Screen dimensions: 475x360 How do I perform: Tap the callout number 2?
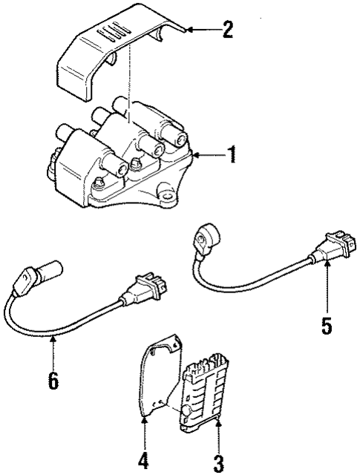pyautogui.click(x=228, y=30)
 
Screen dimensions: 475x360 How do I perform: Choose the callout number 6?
pyautogui.click(x=52, y=379)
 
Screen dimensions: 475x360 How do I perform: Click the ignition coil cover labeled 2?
pyautogui.click(x=111, y=52)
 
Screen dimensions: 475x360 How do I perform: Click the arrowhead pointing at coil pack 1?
pyautogui.click(x=195, y=155)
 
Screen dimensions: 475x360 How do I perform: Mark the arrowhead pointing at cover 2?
pyautogui.click(x=189, y=30)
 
